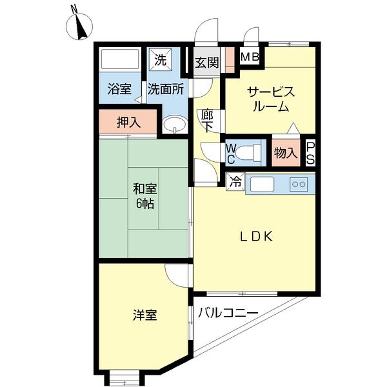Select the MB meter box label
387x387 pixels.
[x=250, y=57]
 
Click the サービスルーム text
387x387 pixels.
[x=270, y=99]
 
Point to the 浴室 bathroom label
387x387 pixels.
[x=119, y=89]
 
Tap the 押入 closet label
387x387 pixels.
[x=128, y=122]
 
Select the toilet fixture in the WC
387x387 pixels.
[x=249, y=153]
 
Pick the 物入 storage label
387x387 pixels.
[x=285, y=153]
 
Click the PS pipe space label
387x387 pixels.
[x=310, y=153]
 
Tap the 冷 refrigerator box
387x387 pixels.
[x=235, y=183]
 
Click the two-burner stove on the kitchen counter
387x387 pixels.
[x=300, y=184]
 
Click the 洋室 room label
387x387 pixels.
[x=144, y=315]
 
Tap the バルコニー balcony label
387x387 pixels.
[x=228, y=313]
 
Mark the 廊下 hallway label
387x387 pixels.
[x=206, y=121]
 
